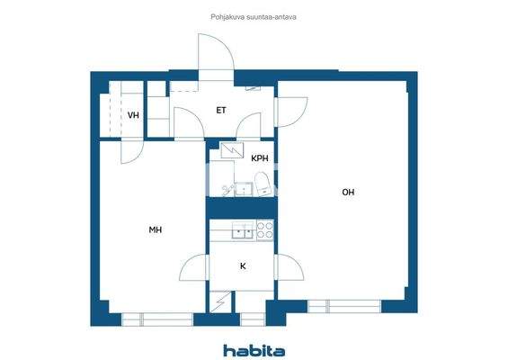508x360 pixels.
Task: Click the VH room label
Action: click(x=133, y=115)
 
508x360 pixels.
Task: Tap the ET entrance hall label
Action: click(x=221, y=111)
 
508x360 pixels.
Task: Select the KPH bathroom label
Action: click(x=260, y=158)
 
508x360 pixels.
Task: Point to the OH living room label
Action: click(x=347, y=192)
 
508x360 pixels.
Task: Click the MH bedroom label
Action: click(x=155, y=230)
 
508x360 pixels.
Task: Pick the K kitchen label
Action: click(x=243, y=266)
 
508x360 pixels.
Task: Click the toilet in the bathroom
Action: click(x=263, y=186)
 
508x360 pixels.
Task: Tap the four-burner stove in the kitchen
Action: click(x=264, y=230)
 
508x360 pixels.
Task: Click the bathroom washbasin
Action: click(x=240, y=189)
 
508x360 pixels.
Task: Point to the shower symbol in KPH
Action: click(x=231, y=153)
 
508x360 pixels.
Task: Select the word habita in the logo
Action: click(x=254, y=350)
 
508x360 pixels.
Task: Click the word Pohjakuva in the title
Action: click(x=218, y=15)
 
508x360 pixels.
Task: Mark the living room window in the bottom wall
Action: click(x=356, y=306)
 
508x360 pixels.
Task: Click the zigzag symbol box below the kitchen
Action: click(x=221, y=301)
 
